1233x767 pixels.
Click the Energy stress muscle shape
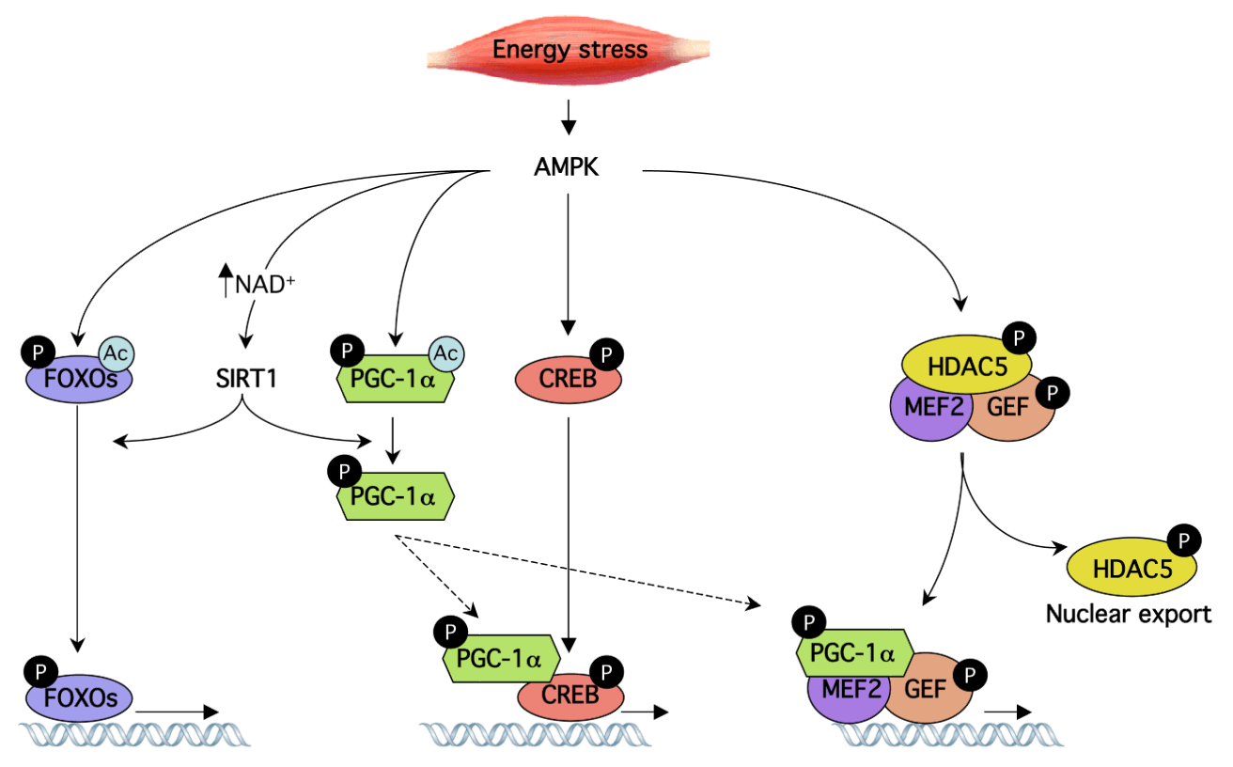click(568, 50)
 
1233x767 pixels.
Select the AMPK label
click(566, 166)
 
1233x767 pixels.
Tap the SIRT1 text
click(246, 378)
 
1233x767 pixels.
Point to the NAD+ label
click(265, 284)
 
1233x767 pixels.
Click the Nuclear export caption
click(1129, 614)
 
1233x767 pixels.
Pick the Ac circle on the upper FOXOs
click(117, 354)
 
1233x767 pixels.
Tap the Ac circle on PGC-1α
click(446, 354)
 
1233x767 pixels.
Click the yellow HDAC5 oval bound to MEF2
click(967, 365)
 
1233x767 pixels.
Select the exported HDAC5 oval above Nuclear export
click(1132, 567)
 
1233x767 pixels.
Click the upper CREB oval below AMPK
click(568, 380)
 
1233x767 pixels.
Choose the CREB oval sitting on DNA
click(570, 696)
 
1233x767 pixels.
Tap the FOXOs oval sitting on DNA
click(79, 698)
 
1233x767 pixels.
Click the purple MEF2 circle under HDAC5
click(931, 408)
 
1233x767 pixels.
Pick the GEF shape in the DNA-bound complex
click(929, 688)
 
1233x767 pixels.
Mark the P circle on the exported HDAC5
click(1184, 540)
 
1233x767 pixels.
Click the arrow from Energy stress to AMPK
click(568, 117)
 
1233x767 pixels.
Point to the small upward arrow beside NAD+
click(226, 280)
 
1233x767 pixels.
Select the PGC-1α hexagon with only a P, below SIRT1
click(396, 496)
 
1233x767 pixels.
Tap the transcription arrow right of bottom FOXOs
click(177, 712)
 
